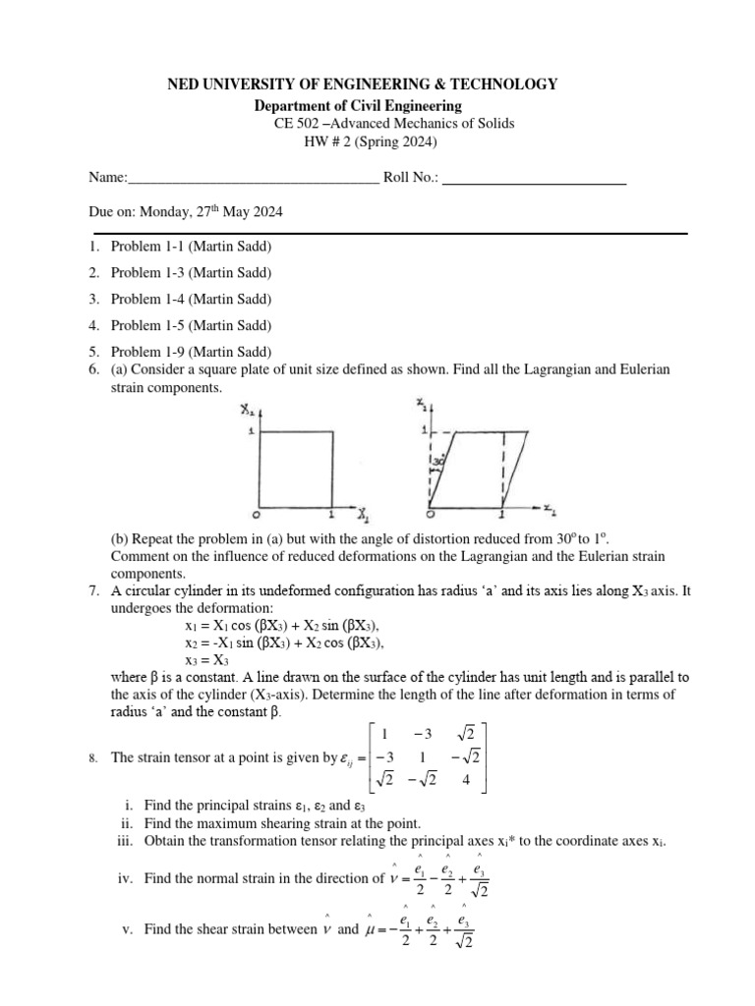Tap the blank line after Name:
click(x=253, y=180)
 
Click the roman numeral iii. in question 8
click(x=127, y=841)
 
